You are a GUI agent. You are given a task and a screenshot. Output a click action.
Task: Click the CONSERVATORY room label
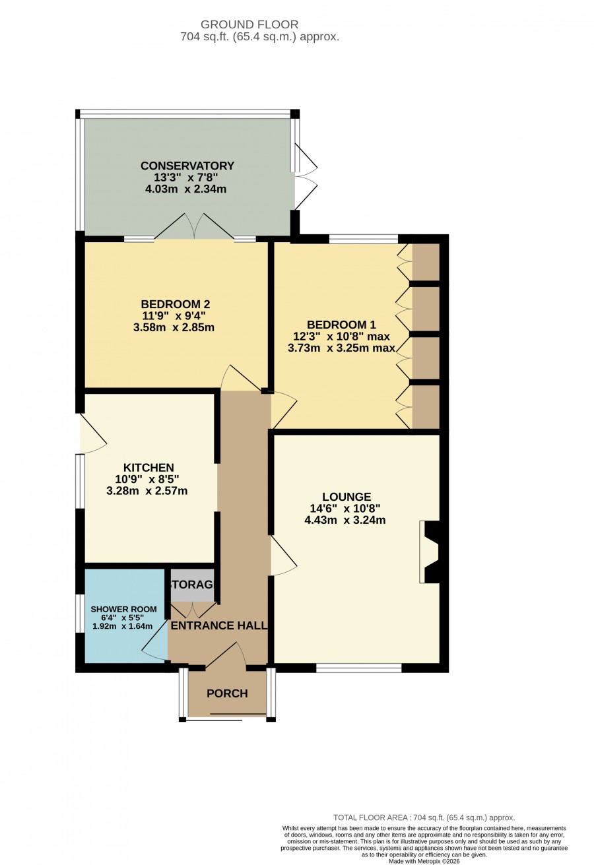click(x=187, y=166)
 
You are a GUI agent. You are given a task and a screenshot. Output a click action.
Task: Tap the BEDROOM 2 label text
click(x=176, y=304)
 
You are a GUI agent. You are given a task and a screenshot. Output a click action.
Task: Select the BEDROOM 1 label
click(x=341, y=325)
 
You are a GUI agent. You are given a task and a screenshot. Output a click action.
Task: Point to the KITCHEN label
click(x=148, y=468)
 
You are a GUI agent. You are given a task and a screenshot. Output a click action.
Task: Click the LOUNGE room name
click(x=346, y=497)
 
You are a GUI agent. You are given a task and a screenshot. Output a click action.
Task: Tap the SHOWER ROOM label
click(x=123, y=610)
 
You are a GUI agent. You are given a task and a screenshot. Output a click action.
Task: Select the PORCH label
click(x=227, y=693)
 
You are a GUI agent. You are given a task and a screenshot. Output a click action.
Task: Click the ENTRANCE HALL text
click(x=219, y=625)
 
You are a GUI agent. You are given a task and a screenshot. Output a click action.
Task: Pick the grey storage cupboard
click(x=192, y=585)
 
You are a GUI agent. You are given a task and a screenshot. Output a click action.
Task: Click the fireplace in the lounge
click(x=430, y=552)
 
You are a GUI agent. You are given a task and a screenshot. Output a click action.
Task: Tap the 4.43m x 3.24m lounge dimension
click(x=345, y=520)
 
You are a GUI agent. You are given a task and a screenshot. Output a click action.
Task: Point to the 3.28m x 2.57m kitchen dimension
click(x=147, y=491)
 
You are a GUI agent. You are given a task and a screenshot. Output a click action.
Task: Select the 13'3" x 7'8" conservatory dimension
click(x=186, y=177)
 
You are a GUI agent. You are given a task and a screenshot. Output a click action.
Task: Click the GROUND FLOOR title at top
click(x=249, y=24)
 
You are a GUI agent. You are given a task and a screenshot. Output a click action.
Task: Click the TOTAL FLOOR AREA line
click(x=424, y=817)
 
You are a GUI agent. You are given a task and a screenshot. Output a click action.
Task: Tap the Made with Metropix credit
click(x=424, y=862)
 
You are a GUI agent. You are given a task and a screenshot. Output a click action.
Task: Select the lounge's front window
click(x=359, y=668)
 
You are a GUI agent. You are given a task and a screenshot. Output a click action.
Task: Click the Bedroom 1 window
click(x=364, y=239)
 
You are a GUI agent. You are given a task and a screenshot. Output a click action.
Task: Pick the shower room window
click(x=80, y=613)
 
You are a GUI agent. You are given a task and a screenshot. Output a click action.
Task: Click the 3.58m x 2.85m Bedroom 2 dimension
click(x=174, y=327)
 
